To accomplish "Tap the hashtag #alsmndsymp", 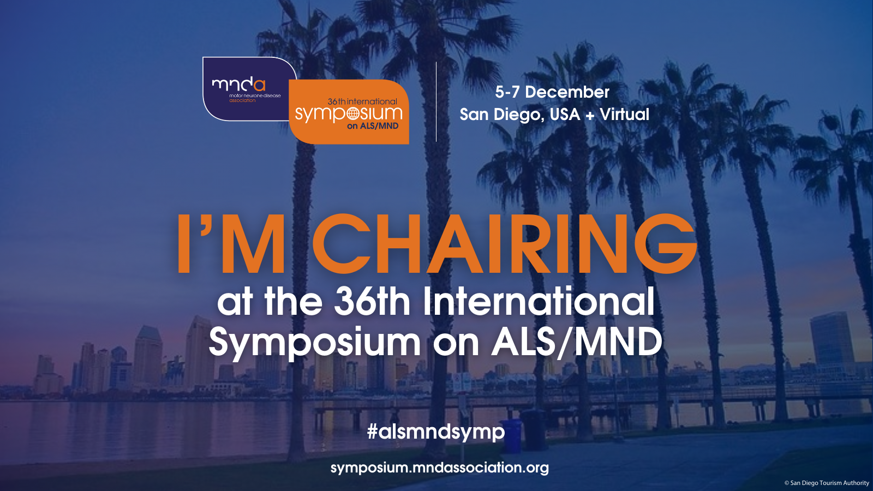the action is tap(436, 432).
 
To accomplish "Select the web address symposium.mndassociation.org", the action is tap(440, 467).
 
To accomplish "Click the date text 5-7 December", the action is tap(552, 92).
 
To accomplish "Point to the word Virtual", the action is tap(625, 114).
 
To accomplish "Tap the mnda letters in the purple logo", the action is tap(238, 85).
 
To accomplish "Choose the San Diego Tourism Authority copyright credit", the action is tap(827, 483).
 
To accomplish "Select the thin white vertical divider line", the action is tap(436, 101).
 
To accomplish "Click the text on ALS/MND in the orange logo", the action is tap(373, 126).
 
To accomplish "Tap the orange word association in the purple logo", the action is tap(242, 100).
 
